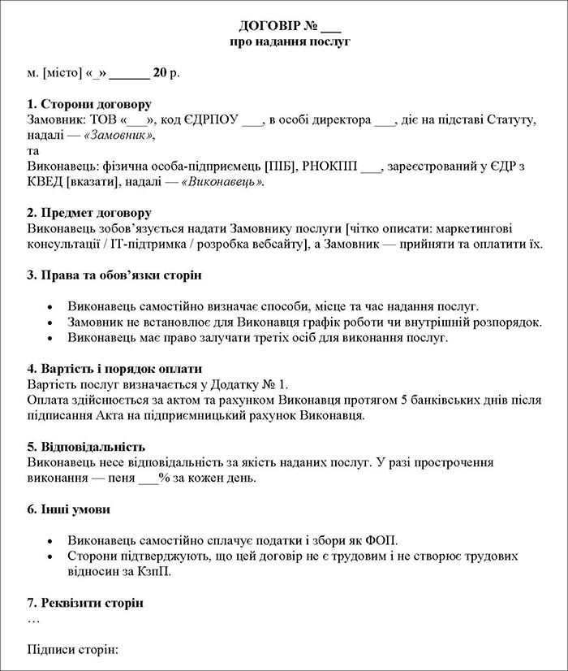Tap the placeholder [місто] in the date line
pos(64,72)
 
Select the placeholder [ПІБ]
pos(280,167)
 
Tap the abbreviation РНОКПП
pos(329,167)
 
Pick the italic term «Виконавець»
pos(224,182)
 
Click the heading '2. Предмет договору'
pos(88,214)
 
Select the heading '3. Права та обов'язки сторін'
pos(114,275)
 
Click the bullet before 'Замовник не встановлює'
pos(52,323)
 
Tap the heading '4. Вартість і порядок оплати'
pos(114,369)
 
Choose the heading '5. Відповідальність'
pos(86,447)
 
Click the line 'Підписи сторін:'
pos(73,650)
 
